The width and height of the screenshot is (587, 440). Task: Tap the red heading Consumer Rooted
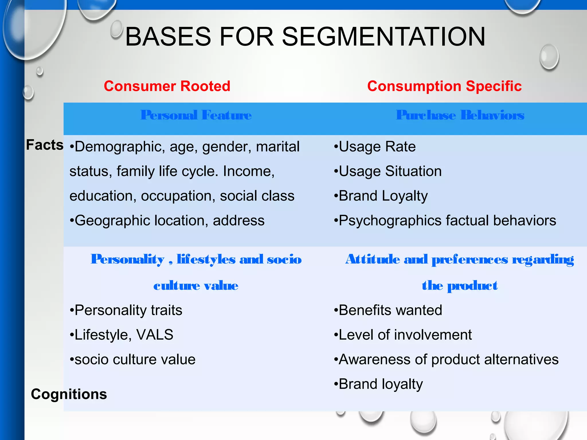[x=167, y=86]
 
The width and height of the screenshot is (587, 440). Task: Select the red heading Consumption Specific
[x=444, y=86]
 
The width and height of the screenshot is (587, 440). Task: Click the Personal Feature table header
[x=196, y=115]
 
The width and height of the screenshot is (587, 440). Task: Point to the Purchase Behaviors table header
[x=460, y=115]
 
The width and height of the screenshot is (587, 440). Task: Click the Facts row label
[x=45, y=145]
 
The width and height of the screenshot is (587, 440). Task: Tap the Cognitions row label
[x=69, y=394]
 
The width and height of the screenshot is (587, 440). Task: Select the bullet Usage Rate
[x=377, y=147]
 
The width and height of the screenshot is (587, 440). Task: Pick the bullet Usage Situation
[x=390, y=171]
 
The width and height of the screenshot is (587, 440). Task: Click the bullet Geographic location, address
[x=169, y=221]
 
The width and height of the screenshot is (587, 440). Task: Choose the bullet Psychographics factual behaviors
[x=447, y=221]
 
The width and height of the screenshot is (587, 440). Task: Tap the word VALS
[x=155, y=335]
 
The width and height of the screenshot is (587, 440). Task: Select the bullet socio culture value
[x=135, y=360]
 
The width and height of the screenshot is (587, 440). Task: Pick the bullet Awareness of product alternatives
[x=449, y=360]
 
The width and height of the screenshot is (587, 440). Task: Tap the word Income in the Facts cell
[x=248, y=171]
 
